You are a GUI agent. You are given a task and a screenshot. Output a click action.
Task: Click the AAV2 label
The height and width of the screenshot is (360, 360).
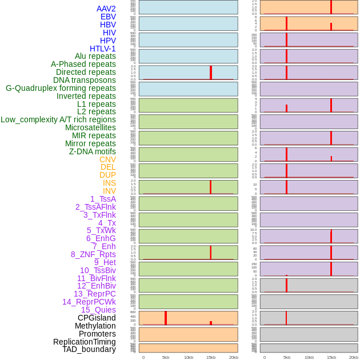tap(106, 9)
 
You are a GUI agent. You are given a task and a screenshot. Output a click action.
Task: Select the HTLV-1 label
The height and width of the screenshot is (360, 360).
tap(103, 49)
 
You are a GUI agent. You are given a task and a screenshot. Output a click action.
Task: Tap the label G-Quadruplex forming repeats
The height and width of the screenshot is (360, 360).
tap(61, 88)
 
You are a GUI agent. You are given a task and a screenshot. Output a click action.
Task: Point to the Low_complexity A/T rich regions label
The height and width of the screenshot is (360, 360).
tap(58, 119)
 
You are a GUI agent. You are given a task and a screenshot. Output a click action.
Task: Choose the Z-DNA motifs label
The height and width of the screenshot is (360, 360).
tap(93, 151)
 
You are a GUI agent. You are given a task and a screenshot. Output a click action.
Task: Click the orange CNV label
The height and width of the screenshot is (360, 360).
tap(107, 159)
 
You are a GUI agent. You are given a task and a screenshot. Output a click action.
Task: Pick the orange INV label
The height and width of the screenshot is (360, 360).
tap(109, 191)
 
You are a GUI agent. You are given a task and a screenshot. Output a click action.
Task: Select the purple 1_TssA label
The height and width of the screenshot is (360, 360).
tap(103, 199)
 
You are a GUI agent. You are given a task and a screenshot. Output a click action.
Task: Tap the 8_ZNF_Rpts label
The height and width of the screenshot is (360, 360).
tap(93, 254)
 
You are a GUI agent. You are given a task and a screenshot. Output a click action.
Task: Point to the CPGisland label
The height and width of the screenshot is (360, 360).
tap(97, 318)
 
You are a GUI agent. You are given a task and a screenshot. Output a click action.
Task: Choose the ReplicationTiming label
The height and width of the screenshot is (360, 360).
tap(85, 342)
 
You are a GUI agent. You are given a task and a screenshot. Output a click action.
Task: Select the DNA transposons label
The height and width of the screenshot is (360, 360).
tap(85, 80)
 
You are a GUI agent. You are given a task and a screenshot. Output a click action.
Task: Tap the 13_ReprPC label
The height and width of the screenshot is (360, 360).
tap(95, 294)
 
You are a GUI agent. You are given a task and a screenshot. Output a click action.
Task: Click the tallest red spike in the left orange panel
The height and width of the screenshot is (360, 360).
tap(166, 318)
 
